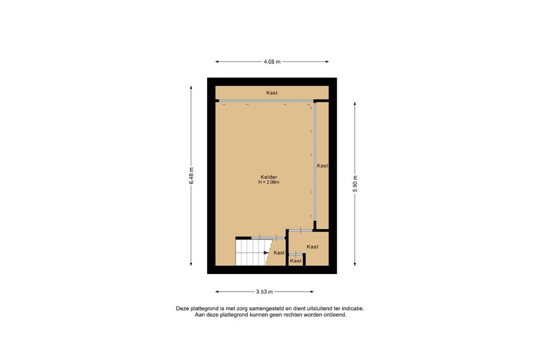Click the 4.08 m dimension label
pyautogui.click(x=272, y=62)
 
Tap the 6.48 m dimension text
pyautogui.click(x=191, y=176)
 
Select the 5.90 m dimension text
pyautogui.click(x=355, y=184)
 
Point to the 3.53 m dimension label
pyautogui.click(x=264, y=292)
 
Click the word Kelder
pyautogui.click(x=269, y=177)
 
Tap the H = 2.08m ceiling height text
pyautogui.click(x=269, y=182)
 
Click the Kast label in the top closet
pyautogui.click(x=272, y=92)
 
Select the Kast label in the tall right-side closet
pyautogui.click(x=322, y=166)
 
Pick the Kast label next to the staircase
pyautogui.click(x=279, y=253)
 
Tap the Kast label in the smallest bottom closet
pyautogui.click(x=296, y=261)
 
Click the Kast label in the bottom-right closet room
pyautogui.click(x=313, y=247)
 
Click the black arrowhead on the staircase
pyautogui.click(x=266, y=253)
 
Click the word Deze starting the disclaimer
pyautogui.click(x=182, y=308)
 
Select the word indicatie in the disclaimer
pyautogui.click(x=353, y=308)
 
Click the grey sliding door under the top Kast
pyautogui.click(x=266, y=101)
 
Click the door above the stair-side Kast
pyautogui.click(x=268, y=238)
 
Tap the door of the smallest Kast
pyautogui.click(x=296, y=254)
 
